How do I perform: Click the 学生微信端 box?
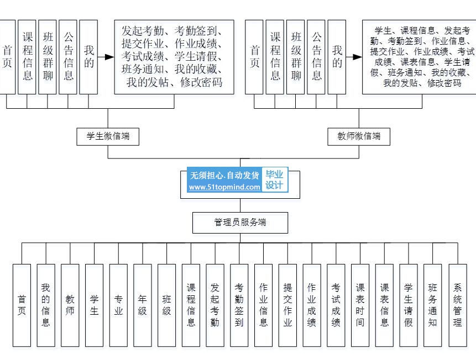(108, 136)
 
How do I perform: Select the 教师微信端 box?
(359, 136)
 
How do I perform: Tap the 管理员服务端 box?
(240, 223)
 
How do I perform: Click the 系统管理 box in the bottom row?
(457, 305)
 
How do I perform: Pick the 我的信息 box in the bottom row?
(46, 305)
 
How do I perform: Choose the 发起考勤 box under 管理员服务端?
(215, 305)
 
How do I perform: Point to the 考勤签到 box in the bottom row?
(239, 305)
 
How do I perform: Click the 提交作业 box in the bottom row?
(287, 305)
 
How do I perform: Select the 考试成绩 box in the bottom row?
(336, 305)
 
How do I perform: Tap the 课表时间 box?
(360, 305)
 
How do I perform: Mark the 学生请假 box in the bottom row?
(408, 305)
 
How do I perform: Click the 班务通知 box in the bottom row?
(432, 305)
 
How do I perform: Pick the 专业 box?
(118, 305)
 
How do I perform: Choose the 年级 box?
(143, 305)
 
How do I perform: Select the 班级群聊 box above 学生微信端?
(48, 56)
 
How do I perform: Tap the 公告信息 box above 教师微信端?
(316, 56)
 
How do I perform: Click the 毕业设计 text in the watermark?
(274, 179)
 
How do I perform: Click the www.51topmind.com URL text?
(224, 187)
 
